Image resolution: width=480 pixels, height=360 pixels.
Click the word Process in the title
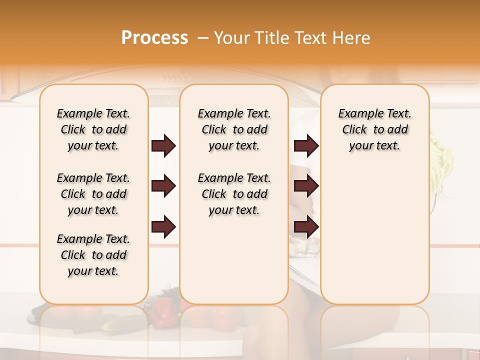click(154, 37)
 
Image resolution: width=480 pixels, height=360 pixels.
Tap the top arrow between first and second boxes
click(163, 145)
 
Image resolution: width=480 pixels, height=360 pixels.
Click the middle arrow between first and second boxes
click(163, 186)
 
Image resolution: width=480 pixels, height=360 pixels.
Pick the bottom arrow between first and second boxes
click(163, 227)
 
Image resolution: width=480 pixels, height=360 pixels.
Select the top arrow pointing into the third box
click(306, 145)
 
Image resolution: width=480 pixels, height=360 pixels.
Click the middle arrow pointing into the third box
click(306, 186)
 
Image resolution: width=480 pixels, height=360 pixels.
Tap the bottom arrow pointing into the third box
click(306, 227)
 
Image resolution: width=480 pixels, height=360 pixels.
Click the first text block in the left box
click(93, 129)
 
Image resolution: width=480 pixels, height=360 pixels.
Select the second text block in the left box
click(93, 194)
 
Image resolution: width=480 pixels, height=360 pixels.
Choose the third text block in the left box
click(93, 255)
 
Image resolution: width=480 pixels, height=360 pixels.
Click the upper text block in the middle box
click(234, 129)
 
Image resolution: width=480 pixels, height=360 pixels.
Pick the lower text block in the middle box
click(234, 194)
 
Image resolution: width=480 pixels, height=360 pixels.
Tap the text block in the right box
click(375, 129)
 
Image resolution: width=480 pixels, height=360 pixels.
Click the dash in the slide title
click(203, 38)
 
